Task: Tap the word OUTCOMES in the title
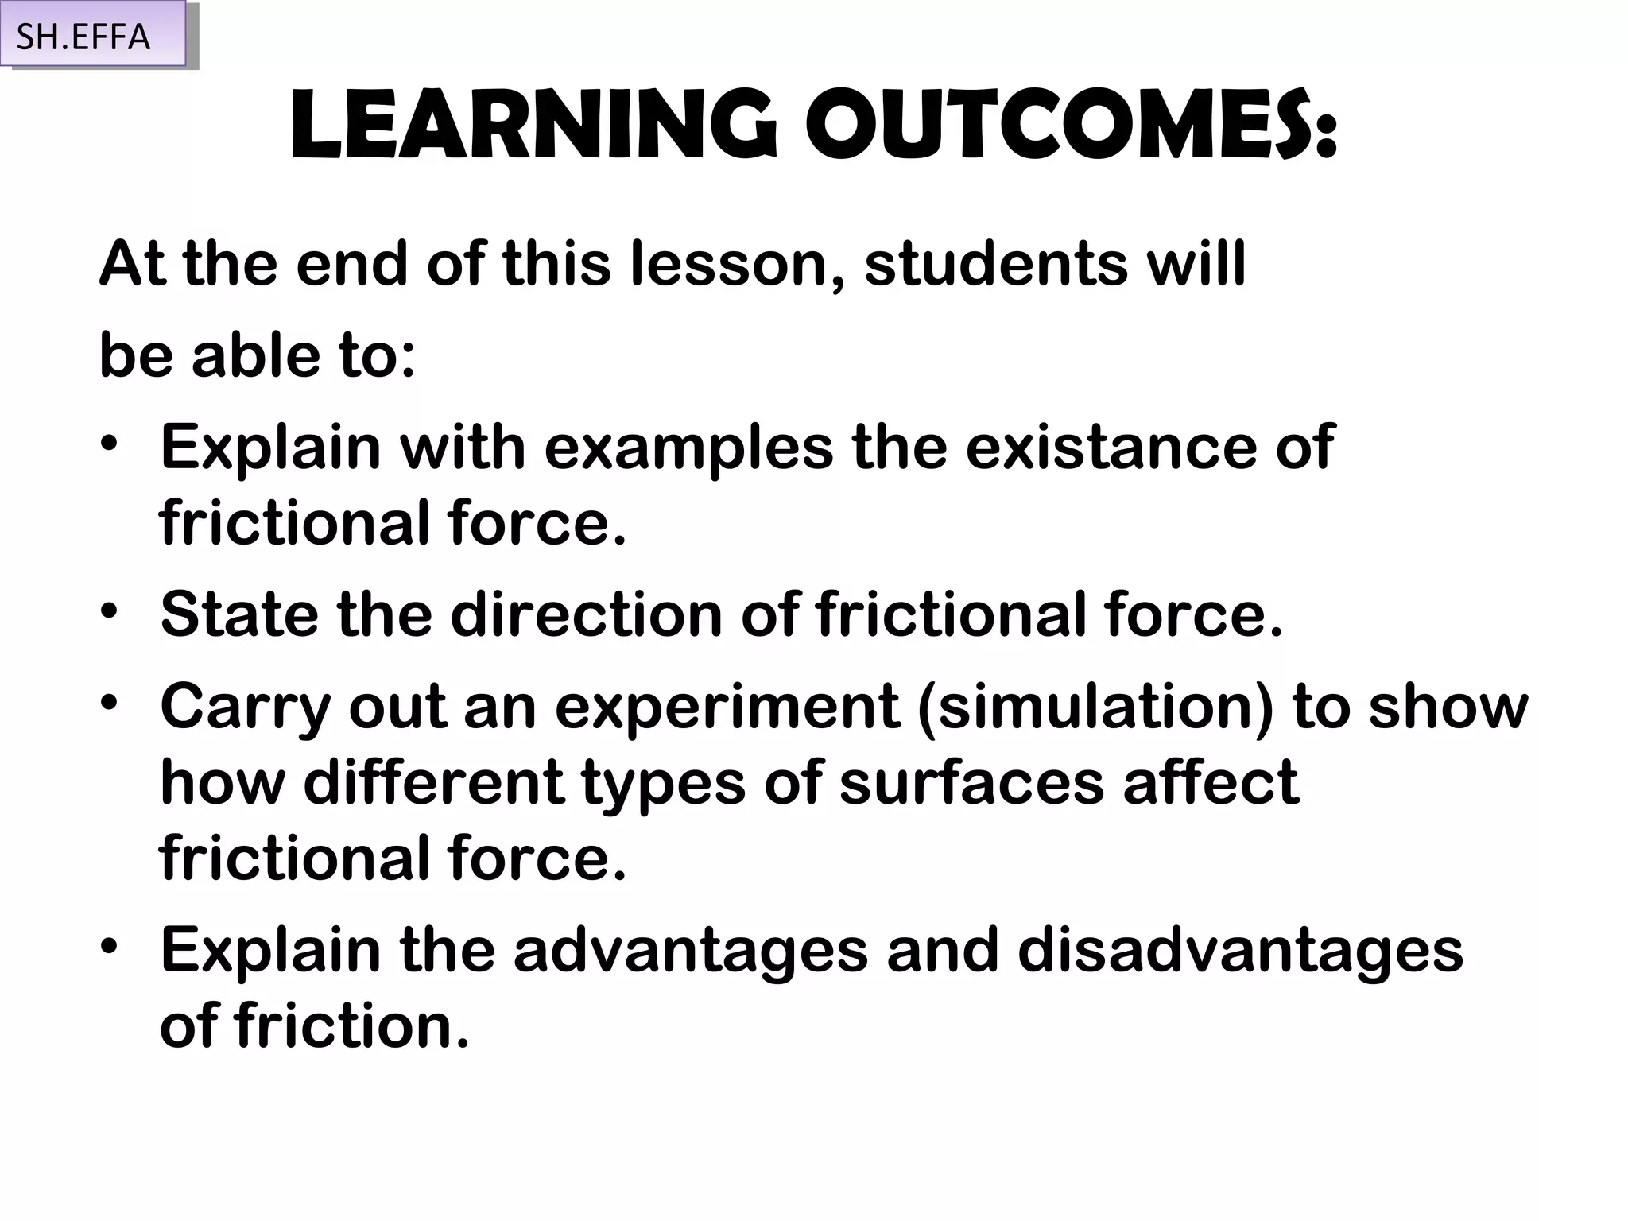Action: pos(1072,127)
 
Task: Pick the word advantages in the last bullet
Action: pos(690,952)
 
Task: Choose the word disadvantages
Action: pos(1240,952)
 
